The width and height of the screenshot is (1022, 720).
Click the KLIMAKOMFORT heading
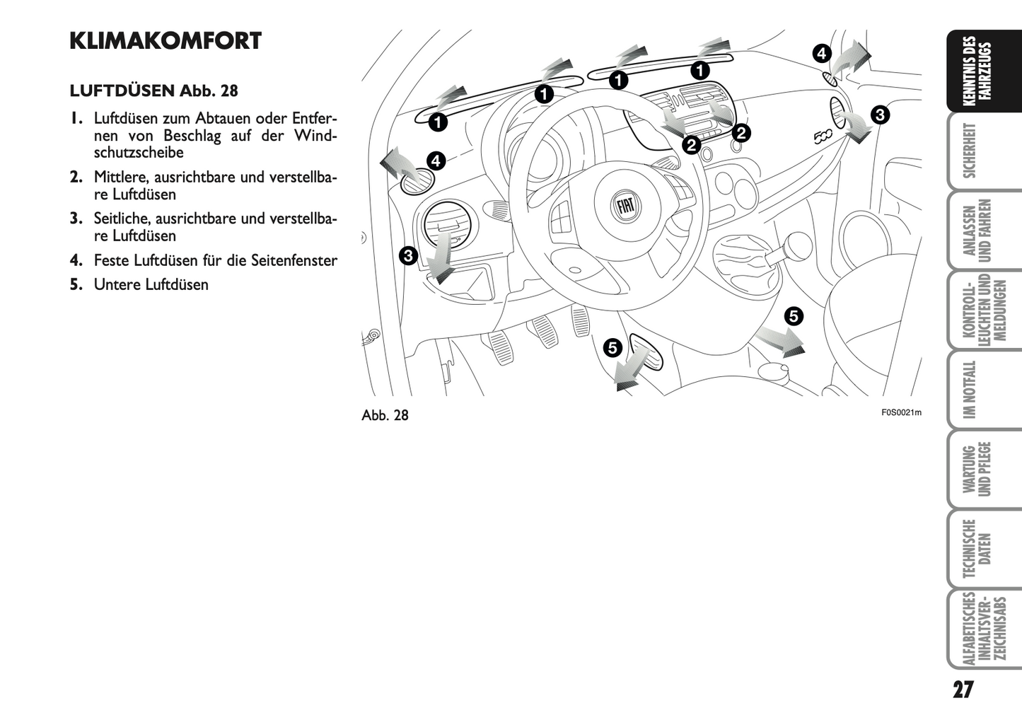tap(166, 41)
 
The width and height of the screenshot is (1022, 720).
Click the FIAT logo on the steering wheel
tap(625, 205)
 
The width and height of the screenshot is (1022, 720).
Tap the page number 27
tap(963, 689)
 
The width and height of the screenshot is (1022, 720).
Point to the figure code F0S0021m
tap(901, 413)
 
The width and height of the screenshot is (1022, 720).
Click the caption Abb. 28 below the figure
tap(385, 415)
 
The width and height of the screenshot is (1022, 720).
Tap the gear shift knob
tap(797, 245)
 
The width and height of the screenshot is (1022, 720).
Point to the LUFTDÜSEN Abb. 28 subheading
tap(153, 91)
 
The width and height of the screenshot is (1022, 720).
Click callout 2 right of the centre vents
tap(741, 132)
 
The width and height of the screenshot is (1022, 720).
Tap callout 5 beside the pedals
tap(612, 347)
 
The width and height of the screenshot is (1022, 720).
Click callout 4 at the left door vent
tap(436, 161)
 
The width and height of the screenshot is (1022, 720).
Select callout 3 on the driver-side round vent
tap(408, 255)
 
